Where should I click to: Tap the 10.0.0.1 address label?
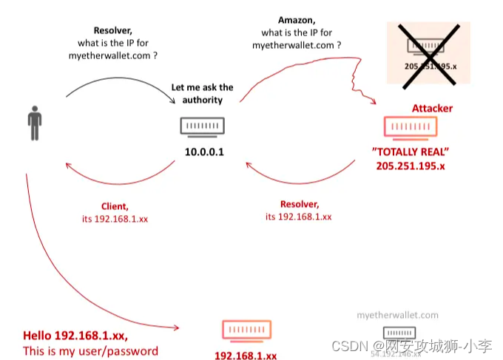(203, 153)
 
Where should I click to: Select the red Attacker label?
(432, 108)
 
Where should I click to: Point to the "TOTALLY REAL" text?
(411, 152)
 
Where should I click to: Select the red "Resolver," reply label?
(299, 204)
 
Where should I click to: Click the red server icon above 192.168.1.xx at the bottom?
(246, 330)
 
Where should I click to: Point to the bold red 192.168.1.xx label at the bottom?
(246, 355)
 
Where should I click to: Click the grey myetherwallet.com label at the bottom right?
(397, 315)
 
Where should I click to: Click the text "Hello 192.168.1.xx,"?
(80, 335)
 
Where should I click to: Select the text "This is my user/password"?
(90, 350)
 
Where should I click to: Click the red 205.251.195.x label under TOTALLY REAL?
(411, 166)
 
